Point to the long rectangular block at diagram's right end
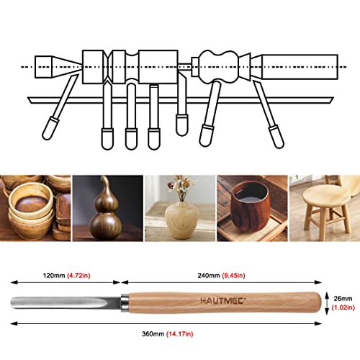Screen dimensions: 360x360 tap(300, 67)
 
